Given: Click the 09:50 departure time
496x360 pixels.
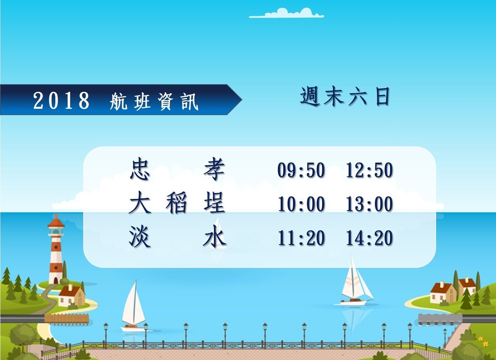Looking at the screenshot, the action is coord(301,170).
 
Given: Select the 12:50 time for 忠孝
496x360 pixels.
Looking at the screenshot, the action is coord(370,170).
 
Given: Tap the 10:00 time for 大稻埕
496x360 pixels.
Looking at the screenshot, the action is coord(301,204).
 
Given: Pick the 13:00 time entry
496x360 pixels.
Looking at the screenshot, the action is coord(370,204).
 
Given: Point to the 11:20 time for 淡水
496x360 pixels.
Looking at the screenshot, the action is coord(301,238).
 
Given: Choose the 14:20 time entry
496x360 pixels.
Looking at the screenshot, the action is coord(370,238).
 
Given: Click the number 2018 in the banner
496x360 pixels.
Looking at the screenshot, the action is coord(61,100).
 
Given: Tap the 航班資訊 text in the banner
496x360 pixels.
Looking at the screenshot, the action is coord(154,101).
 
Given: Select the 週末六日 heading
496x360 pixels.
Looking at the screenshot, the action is coord(345,97).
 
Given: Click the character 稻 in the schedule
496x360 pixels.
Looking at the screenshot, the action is coord(176,203).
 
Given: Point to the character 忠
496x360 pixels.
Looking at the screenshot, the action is coord(140,169).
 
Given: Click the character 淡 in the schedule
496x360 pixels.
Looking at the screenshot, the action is coord(140,236).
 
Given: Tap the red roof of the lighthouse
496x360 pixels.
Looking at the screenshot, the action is coord(56,221).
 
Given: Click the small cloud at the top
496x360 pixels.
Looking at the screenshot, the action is coord(286,13).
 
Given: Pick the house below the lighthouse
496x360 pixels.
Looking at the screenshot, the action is coord(71,296).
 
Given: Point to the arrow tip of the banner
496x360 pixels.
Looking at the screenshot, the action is coord(242,100).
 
